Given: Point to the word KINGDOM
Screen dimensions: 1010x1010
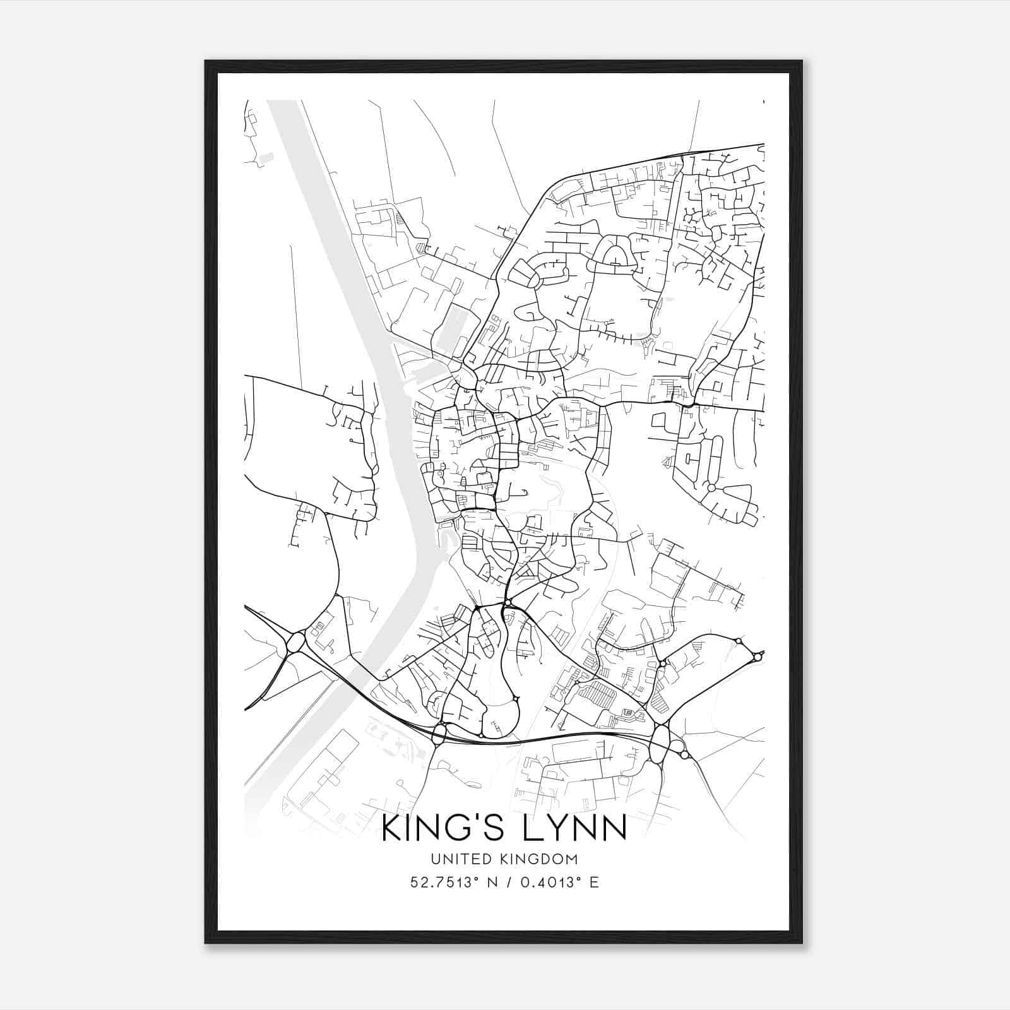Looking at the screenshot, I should (543, 859).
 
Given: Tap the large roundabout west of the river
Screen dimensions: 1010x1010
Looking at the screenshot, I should (295, 645).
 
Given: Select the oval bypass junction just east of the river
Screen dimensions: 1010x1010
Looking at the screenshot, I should (439, 734).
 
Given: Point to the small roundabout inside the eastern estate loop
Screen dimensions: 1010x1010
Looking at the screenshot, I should (711, 488).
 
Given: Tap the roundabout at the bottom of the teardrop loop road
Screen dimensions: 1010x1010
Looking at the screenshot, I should (516, 699).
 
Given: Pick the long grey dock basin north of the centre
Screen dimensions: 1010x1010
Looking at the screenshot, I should (449, 328).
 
